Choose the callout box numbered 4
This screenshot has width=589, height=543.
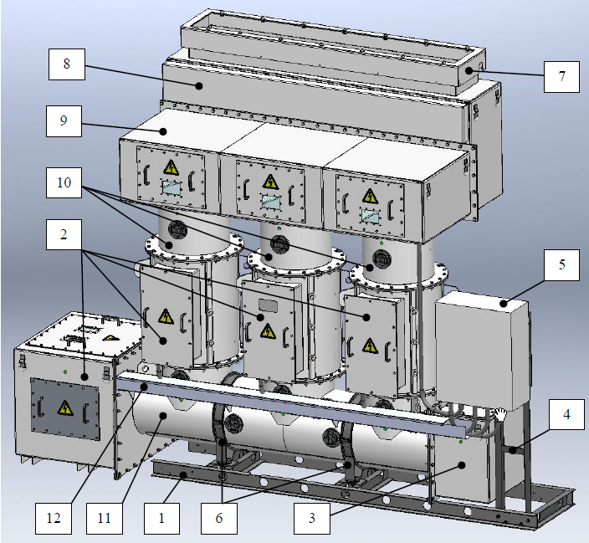tap(566, 415)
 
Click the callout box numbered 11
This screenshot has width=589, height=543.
tap(105, 517)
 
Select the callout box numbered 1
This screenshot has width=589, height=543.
tap(161, 517)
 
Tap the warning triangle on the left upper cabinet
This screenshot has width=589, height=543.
tap(171, 166)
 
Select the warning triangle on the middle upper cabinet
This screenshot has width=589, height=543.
tap(269, 181)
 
